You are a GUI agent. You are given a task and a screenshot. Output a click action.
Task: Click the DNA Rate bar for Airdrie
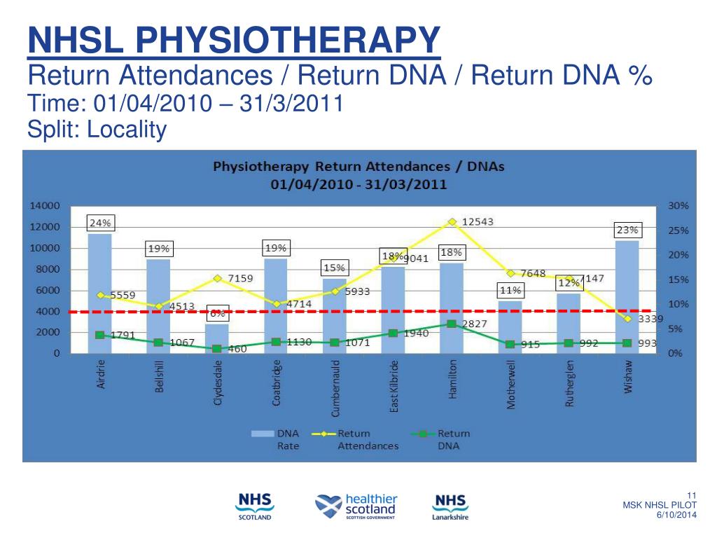tap(100, 294)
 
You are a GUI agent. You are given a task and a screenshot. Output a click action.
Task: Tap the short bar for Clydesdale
tap(217, 336)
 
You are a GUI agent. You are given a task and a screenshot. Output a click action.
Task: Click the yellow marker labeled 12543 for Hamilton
tap(452, 221)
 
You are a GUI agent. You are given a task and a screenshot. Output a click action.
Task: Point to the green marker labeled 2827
tap(452, 324)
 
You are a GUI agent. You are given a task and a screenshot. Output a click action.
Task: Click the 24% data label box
tap(100, 223)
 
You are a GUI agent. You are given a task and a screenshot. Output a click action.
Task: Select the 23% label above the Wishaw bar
tap(627, 230)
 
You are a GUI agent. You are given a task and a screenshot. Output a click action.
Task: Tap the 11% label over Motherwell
tap(510, 290)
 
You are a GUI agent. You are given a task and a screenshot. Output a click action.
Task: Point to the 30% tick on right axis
tap(678, 206)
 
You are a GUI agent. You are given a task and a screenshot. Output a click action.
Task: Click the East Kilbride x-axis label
tap(394, 386)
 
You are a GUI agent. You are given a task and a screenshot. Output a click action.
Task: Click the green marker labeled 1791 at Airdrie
tap(100, 335)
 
